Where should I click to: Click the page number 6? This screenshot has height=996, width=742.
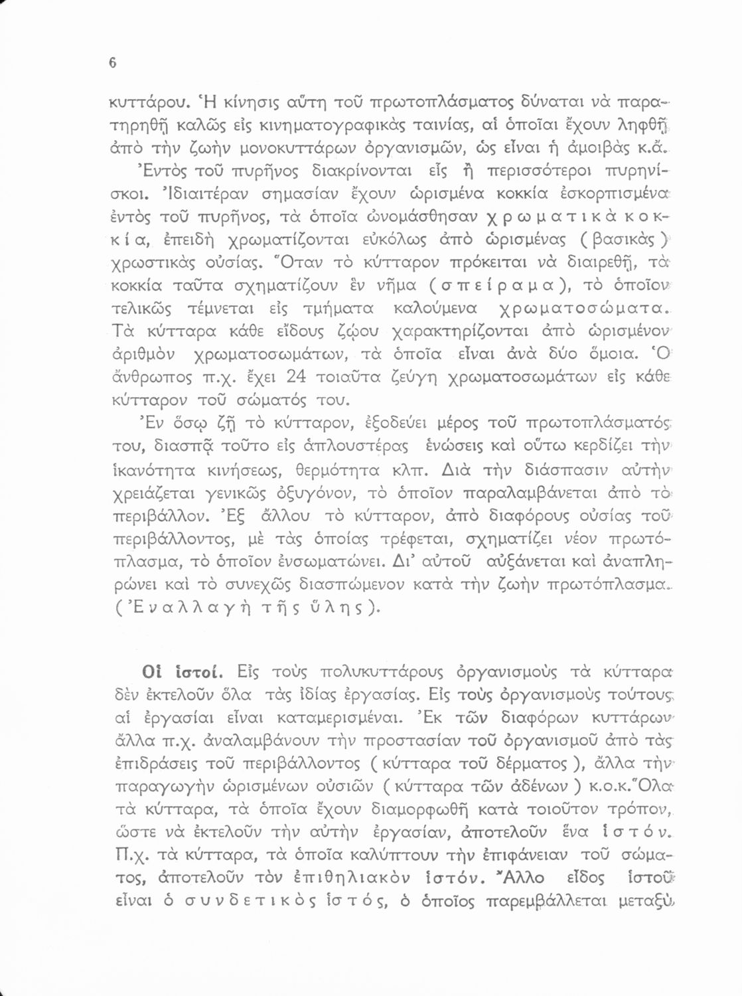(x=112, y=63)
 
